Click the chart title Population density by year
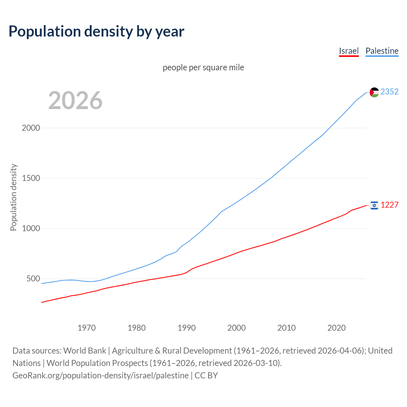click(x=96, y=31)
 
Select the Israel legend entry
click(x=348, y=51)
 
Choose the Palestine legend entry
click(x=382, y=51)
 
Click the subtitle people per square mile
click(x=203, y=67)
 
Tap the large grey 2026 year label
click(x=75, y=100)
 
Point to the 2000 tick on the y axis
click(x=31, y=128)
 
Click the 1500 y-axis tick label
click(x=31, y=178)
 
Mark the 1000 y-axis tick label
click(x=31, y=228)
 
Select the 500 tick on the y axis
click(x=33, y=279)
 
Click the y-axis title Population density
click(x=13, y=197)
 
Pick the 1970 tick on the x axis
click(x=86, y=328)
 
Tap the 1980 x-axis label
click(x=136, y=328)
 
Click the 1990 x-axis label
click(x=187, y=328)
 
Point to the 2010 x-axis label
click(x=286, y=328)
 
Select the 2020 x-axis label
click(x=336, y=328)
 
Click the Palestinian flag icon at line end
click(x=374, y=92)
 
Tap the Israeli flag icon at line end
click(x=374, y=205)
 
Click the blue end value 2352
click(x=389, y=92)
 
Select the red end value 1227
click(x=389, y=205)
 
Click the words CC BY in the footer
click(x=206, y=376)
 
